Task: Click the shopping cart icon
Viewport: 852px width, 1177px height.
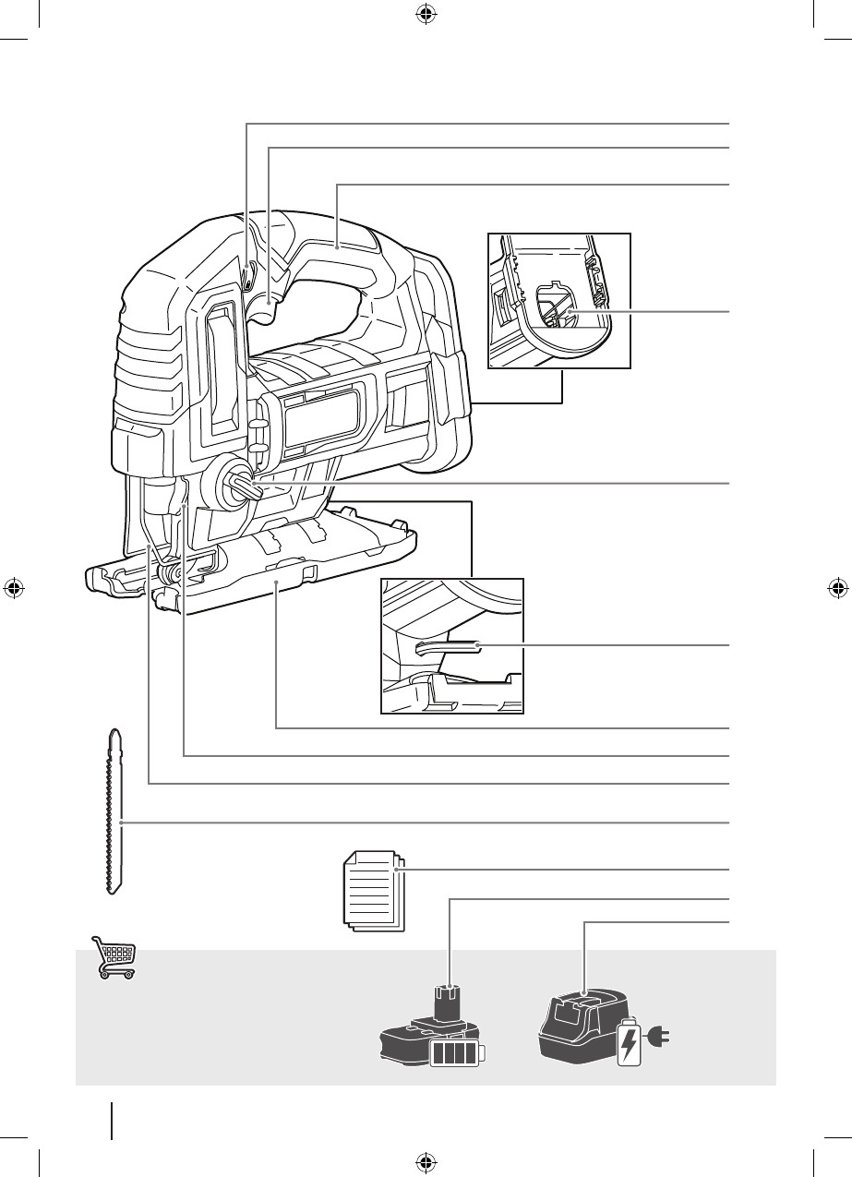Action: click(x=114, y=957)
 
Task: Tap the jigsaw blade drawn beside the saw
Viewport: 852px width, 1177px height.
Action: click(x=114, y=812)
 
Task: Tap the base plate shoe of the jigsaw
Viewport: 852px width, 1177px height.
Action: click(x=277, y=582)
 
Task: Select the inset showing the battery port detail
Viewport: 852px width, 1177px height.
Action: click(x=559, y=301)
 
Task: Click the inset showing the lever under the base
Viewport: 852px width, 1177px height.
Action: click(x=452, y=645)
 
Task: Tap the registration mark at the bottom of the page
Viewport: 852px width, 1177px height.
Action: click(x=426, y=1162)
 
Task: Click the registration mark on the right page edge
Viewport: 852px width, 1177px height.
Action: click(x=837, y=588)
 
